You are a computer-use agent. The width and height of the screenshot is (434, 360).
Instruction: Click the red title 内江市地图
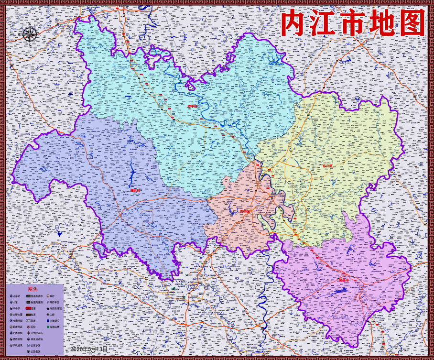[352, 23]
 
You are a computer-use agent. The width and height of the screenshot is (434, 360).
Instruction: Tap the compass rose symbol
[30, 34]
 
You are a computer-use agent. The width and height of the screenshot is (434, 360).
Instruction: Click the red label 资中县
[192, 106]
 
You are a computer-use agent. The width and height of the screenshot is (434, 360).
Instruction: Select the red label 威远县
[136, 190]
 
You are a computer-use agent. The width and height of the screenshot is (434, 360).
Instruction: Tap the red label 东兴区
[327, 165]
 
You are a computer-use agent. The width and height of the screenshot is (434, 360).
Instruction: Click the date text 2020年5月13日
[89, 349]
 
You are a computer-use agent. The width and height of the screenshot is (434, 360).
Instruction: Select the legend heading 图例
[33, 290]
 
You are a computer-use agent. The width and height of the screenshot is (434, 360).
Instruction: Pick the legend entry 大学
[15, 302]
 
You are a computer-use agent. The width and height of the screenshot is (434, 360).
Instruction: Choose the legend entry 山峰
[52, 315]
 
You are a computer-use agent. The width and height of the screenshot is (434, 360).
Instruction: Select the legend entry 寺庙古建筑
[54, 308]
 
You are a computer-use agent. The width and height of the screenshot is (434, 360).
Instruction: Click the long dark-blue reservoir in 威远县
[131, 170]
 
